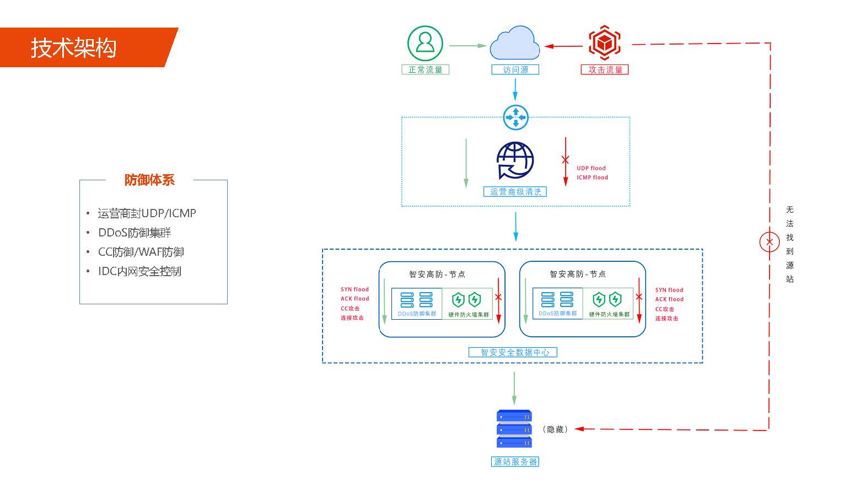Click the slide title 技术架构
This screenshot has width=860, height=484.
[x=73, y=48]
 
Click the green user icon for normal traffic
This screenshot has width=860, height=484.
[x=425, y=43]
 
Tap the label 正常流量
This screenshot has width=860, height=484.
[x=425, y=69]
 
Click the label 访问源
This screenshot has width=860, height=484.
[x=515, y=69]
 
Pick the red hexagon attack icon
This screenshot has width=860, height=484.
[x=604, y=42]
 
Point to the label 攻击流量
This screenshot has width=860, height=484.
[x=605, y=69]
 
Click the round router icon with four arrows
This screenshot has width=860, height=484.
[x=515, y=117]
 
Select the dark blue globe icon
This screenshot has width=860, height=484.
[x=515, y=160]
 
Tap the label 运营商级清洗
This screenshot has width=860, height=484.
[x=515, y=192]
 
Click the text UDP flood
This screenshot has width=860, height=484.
[x=591, y=168]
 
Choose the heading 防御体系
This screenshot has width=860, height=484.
[x=149, y=180]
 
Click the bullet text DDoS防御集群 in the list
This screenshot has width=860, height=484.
[x=135, y=233]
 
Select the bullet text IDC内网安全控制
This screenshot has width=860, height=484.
[x=139, y=271]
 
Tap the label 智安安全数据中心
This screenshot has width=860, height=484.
[x=513, y=352]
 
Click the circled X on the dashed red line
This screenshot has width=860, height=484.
[x=770, y=241]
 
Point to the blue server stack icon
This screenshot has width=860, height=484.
[x=514, y=428]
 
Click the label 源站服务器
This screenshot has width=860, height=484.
[x=515, y=461]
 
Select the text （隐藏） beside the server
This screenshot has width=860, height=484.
[x=555, y=429]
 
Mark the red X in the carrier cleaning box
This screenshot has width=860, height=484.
[x=565, y=160]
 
